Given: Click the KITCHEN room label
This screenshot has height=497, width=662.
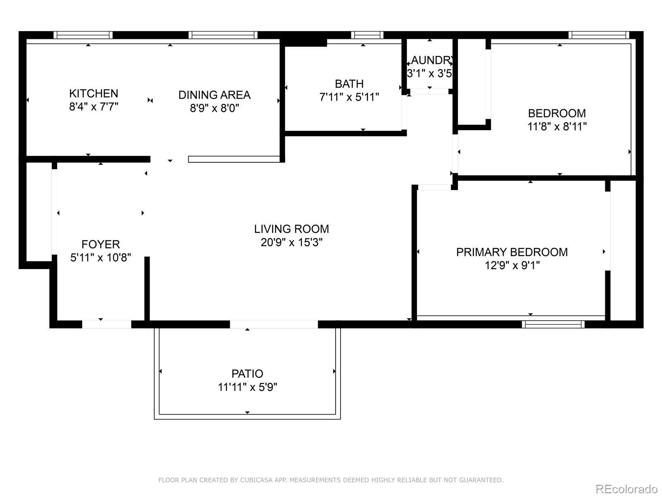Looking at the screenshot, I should click(94, 93).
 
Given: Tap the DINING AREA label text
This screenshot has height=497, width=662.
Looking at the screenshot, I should click(214, 95).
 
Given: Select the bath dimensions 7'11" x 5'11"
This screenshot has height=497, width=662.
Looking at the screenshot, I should click(349, 97).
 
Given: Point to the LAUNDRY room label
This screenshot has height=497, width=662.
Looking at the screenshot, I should click(431, 60).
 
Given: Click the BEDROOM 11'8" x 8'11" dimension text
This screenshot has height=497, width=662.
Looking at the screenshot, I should click(557, 127).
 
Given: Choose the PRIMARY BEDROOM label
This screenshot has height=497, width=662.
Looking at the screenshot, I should click(512, 252).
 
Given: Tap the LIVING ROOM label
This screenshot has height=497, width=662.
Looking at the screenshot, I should click(291, 229).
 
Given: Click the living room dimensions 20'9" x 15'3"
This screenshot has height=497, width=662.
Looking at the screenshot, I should click(291, 242).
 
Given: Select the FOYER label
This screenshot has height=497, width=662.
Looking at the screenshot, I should click(101, 244).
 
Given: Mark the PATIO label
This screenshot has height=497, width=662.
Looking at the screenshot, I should click(247, 374).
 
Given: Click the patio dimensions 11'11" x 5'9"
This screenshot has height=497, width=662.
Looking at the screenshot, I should click(247, 387).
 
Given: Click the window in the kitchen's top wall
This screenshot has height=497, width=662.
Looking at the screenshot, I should click(83, 35).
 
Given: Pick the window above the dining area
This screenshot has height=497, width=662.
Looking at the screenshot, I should click(223, 35).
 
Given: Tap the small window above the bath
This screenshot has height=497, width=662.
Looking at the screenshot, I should click(367, 35).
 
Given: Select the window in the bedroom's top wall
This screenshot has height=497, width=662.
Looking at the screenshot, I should click(599, 35).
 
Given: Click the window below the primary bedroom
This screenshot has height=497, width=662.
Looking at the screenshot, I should click(553, 324).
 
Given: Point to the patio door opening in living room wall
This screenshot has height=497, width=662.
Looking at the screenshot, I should click(274, 324).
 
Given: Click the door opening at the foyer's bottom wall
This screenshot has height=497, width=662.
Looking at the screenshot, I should click(107, 324).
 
